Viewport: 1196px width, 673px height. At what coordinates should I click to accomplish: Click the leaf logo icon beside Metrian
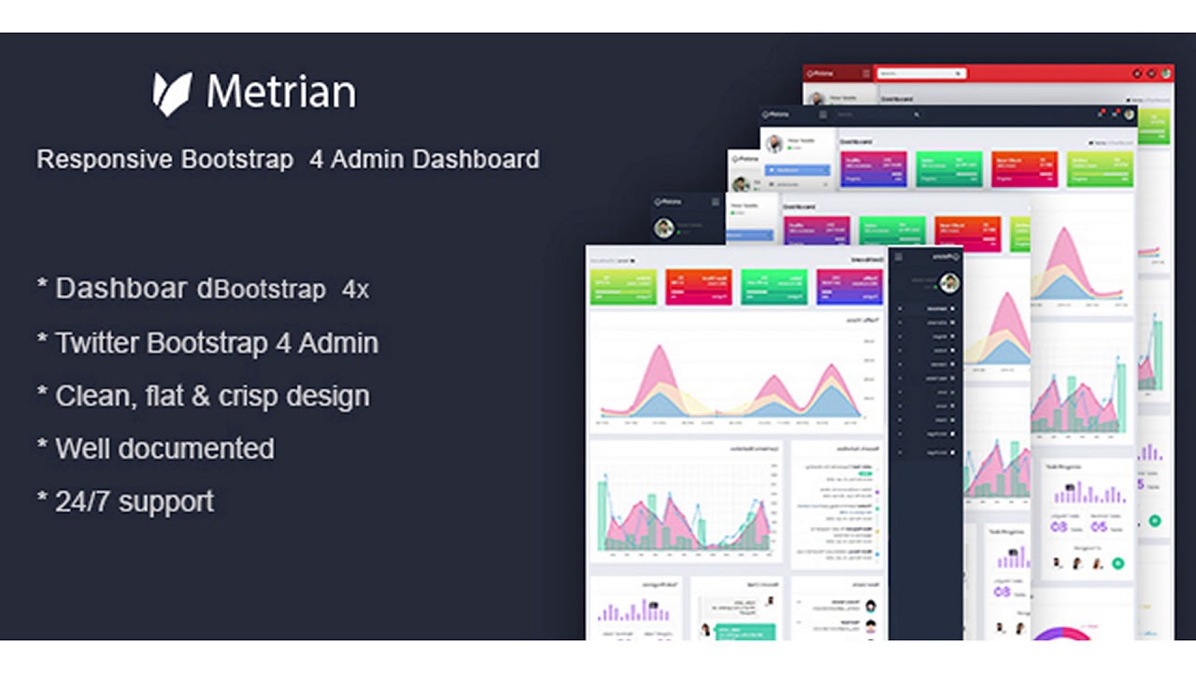[172, 93]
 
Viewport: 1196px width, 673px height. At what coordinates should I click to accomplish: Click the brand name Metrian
[280, 93]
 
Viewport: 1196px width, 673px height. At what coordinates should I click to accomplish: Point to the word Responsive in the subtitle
[105, 160]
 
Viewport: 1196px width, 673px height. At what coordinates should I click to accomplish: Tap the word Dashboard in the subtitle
[476, 159]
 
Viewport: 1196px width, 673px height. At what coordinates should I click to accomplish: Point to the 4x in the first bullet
[355, 290]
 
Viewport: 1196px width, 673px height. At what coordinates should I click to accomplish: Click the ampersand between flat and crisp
[200, 396]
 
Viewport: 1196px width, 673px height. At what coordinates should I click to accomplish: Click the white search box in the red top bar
[920, 73]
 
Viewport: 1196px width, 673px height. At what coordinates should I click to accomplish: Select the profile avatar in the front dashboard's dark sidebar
[949, 283]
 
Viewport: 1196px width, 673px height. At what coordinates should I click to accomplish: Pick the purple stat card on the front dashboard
[849, 287]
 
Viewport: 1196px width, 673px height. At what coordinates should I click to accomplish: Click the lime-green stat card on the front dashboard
[623, 287]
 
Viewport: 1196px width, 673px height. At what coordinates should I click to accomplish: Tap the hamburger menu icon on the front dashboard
[899, 257]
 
